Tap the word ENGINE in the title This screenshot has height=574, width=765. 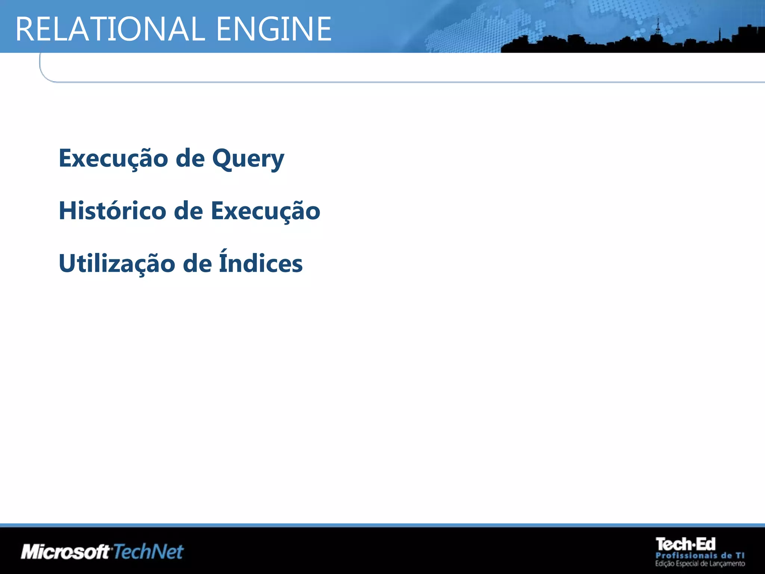click(x=274, y=29)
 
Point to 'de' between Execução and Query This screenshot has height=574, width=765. click(x=190, y=158)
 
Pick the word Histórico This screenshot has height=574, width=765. click(x=112, y=211)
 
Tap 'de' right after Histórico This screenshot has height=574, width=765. click(x=188, y=211)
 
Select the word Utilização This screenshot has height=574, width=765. click(x=117, y=263)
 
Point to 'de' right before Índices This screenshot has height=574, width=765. click(x=197, y=263)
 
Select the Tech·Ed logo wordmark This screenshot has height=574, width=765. click(x=685, y=544)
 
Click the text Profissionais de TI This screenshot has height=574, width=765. click(x=700, y=556)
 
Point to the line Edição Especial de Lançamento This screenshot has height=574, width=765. click(x=700, y=564)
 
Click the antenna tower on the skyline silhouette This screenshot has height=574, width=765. click(x=658, y=28)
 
